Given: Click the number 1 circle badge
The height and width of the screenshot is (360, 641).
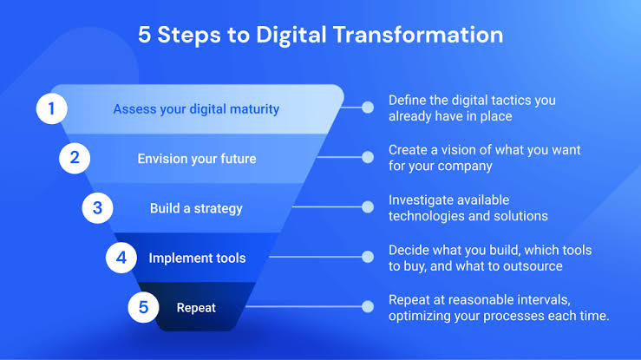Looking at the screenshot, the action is pyautogui.click(x=51, y=108).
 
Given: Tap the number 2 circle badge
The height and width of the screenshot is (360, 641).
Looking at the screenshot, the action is pyautogui.click(x=75, y=158).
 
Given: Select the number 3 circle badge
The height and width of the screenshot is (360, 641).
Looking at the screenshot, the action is pyautogui.click(x=97, y=208).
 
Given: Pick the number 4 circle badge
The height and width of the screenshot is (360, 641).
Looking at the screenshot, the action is pyautogui.click(x=121, y=258).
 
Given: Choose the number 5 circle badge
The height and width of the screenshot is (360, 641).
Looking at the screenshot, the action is pyautogui.click(x=143, y=307).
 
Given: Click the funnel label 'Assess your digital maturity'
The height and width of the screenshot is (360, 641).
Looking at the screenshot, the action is pyautogui.click(x=196, y=109).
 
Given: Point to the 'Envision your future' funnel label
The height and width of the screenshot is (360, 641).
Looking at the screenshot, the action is pyautogui.click(x=197, y=159).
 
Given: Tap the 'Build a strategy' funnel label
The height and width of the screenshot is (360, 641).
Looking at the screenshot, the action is pyautogui.click(x=196, y=208).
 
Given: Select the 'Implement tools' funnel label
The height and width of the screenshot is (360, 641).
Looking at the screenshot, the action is pyautogui.click(x=197, y=259).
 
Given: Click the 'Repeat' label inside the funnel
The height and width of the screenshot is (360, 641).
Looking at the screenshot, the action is pyautogui.click(x=196, y=308).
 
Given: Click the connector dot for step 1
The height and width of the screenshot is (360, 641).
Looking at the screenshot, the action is pyautogui.click(x=368, y=108).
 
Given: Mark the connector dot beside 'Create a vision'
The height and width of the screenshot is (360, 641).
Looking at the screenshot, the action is pyautogui.click(x=368, y=157).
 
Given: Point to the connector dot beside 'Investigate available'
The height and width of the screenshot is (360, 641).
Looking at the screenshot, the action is pyautogui.click(x=368, y=207).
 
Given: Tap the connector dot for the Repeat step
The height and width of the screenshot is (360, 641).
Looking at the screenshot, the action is pyautogui.click(x=368, y=306).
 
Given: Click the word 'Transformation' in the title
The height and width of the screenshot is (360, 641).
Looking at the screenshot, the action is pyautogui.click(x=418, y=35).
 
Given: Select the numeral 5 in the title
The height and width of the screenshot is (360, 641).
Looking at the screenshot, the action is pyautogui.click(x=144, y=35).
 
